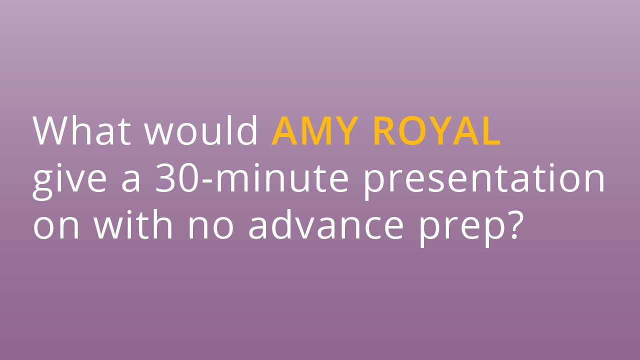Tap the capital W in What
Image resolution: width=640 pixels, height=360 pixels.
tap(50, 131)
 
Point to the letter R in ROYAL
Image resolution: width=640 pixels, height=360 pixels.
tap(385, 131)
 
